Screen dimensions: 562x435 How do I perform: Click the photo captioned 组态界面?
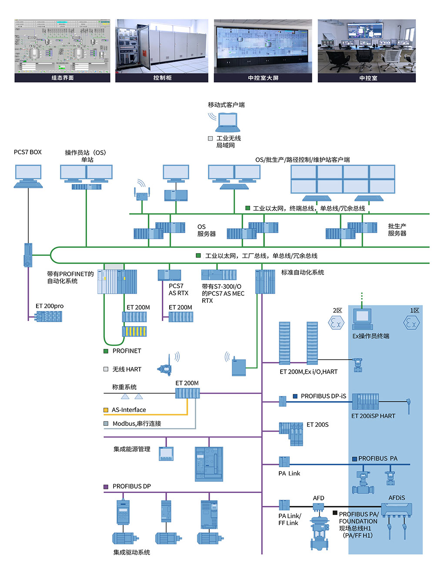[x=63, y=46]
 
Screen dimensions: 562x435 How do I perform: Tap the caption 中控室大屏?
[x=263, y=78]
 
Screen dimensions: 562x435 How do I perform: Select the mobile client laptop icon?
[x=228, y=122]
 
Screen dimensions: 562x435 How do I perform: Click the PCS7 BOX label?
[x=28, y=152]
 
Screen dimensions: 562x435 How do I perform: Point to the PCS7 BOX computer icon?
[x=28, y=176]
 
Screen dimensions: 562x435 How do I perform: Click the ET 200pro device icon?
[x=49, y=316]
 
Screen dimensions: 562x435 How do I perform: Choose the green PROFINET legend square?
[x=106, y=351]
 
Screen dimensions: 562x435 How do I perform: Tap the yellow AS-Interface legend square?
[x=106, y=410]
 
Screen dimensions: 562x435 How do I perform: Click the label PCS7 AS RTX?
[x=178, y=290]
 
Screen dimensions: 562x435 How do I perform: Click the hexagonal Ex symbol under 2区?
[x=336, y=323]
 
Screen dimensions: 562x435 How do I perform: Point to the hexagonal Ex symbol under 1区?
[x=412, y=323]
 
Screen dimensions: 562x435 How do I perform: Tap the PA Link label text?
[x=289, y=473]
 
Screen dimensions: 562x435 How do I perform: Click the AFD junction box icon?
[x=318, y=507]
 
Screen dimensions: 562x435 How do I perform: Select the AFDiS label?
[x=397, y=498]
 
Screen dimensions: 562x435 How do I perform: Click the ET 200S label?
[x=318, y=425]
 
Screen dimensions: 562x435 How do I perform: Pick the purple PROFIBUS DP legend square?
[x=106, y=486]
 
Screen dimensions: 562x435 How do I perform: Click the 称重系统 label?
[x=124, y=387]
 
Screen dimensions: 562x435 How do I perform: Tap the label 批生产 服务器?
[x=397, y=230]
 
